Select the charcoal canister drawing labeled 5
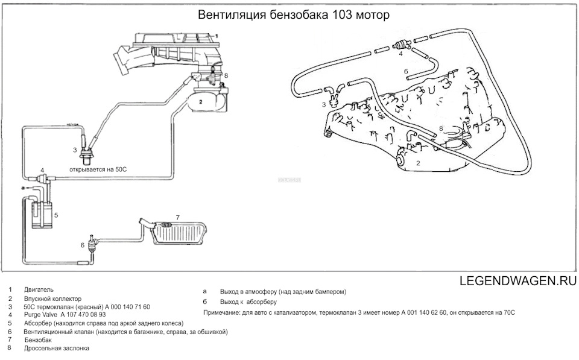coord(40,213)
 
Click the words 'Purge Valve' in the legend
coord(40,315)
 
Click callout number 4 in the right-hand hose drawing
coord(400,54)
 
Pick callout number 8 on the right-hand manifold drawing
coord(441,128)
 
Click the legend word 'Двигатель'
coord(39,290)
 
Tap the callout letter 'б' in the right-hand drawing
coord(407,71)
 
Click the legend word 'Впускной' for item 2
coord(37,298)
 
